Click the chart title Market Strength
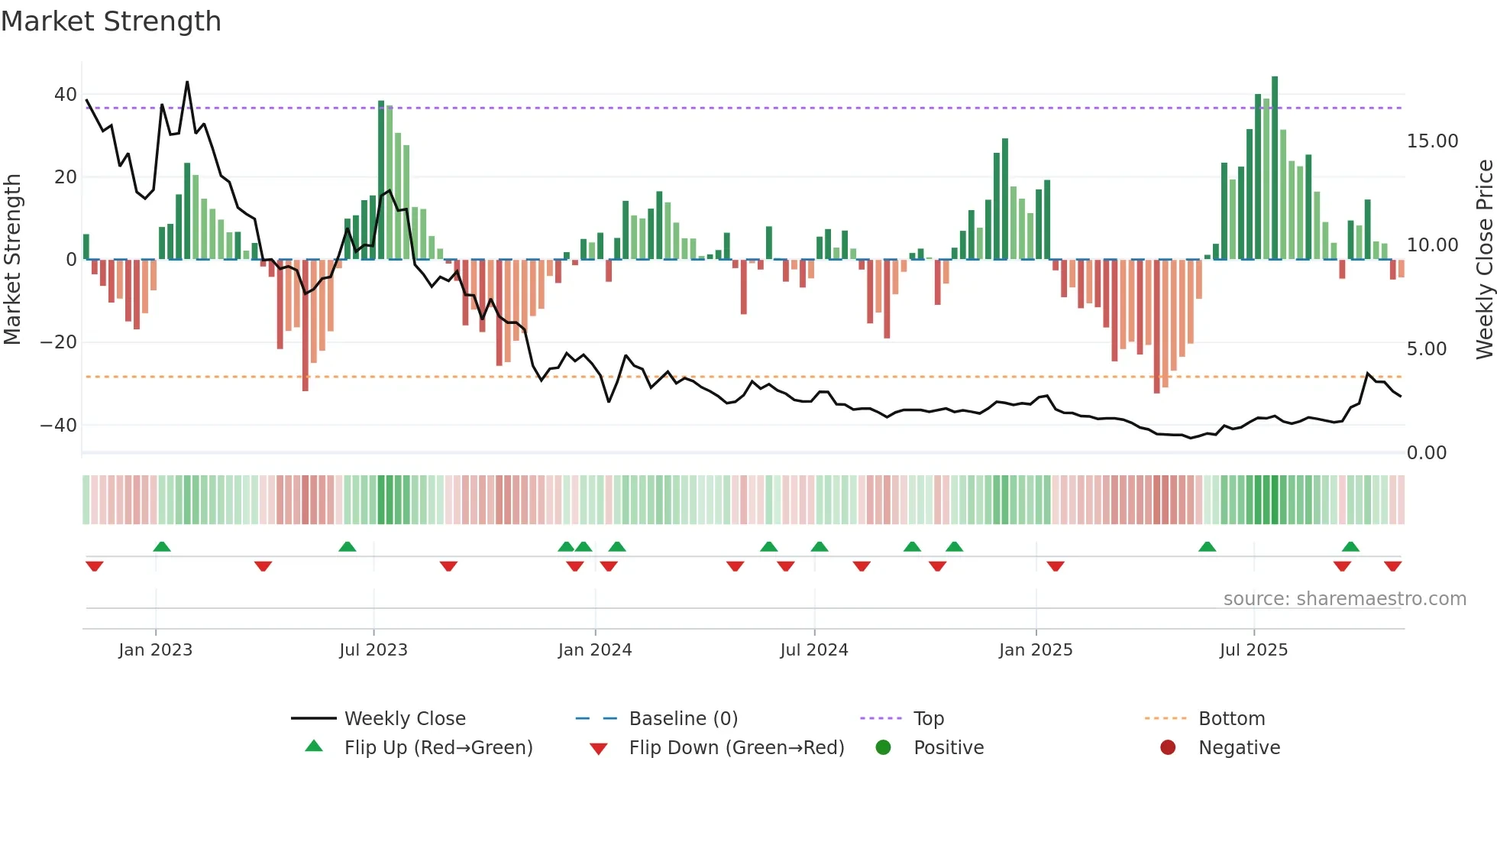coord(111,21)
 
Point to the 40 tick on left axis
coord(65,95)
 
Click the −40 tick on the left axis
coord(59,425)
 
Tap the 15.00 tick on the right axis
coord(1432,141)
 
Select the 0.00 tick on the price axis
coord(1426,453)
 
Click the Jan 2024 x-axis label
coord(595,650)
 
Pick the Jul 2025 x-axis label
coord(1253,650)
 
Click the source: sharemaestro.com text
coord(1344,599)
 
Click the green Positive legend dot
coord(884,748)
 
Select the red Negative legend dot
coord(1168,748)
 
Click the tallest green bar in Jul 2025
coord(1275,168)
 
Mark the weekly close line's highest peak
coord(187,83)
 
